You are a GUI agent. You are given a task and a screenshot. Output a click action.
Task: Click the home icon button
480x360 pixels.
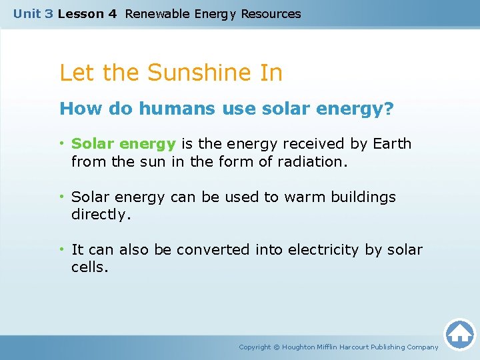[x=459, y=334]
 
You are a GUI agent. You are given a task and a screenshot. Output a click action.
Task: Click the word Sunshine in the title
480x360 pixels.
[x=192, y=73]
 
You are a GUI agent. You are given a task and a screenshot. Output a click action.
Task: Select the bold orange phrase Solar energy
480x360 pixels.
[x=124, y=144]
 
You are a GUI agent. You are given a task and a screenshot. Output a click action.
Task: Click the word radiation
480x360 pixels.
[x=315, y=161]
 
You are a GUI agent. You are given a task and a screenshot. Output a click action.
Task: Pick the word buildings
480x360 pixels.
[x=364, y=197]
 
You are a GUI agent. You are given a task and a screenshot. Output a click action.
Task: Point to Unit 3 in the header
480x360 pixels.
[x=33, y=13]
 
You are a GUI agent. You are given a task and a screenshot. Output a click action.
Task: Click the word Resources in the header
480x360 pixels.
[x=271, y=13]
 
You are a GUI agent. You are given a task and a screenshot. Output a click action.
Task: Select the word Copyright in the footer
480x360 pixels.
[x=255, y=347]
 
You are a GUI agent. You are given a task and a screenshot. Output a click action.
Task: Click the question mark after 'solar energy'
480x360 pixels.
[x=389, y=109]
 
